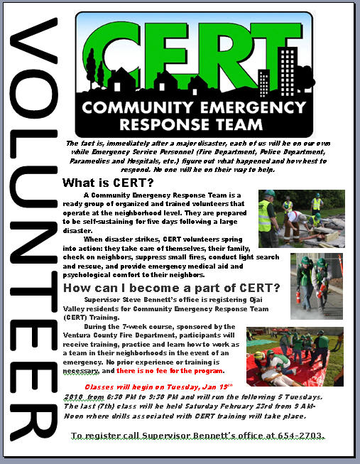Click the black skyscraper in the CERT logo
pos(290,68)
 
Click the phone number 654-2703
pos(306,434)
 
